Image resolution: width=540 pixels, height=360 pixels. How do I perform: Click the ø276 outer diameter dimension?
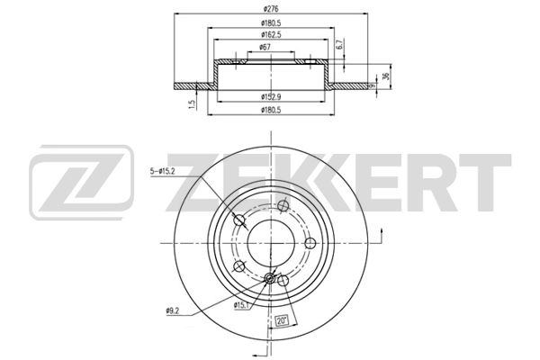click(x=271, y=8)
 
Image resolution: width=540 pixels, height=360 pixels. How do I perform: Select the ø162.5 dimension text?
click(x=271, y=36)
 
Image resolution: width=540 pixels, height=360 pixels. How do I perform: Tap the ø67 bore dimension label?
click(x=267, y=49)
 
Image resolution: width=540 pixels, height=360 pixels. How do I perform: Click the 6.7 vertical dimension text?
click(x=338, y=44)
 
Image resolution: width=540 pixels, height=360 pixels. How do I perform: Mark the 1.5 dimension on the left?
click(x=192, y=104)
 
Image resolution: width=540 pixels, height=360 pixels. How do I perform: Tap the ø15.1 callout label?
click(x=241, y=306)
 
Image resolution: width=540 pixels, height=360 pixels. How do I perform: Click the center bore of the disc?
click(x=271, y=241)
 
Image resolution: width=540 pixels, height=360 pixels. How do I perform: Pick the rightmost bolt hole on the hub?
click(x=310, y=243)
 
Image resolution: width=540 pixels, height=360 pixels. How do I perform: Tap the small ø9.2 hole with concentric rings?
click(x=270, y=280)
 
